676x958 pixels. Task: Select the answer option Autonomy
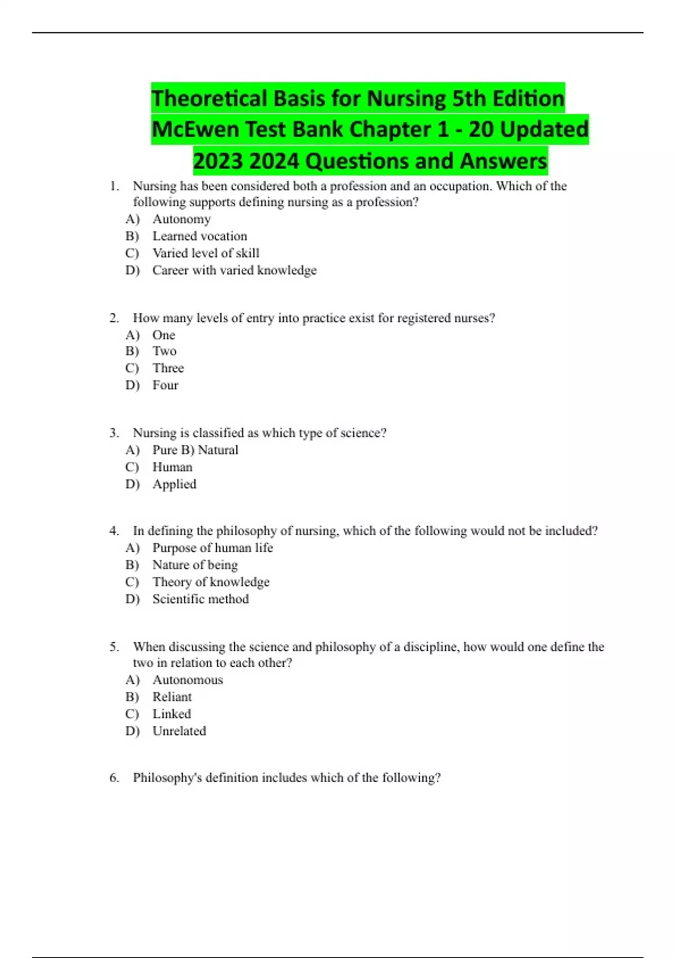tap(181, 219)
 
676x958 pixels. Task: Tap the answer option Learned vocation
tap(199, 236)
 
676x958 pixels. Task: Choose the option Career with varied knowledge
tap(234, 270)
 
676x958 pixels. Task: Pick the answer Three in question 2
tap(168, 368)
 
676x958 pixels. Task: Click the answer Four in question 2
tap(165, 385)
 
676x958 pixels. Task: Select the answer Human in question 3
tap(172, 467)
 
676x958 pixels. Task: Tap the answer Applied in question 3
tap(174, 484)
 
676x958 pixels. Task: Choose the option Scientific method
tap(201, 599)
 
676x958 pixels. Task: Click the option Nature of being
tap(195, 565)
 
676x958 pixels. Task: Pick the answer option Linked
tap(172, 714)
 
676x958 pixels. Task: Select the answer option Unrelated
tap(179, 731)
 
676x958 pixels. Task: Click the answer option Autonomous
tap(188, 680)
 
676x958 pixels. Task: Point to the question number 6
tap(114, 778)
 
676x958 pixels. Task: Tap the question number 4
tap(114, 531)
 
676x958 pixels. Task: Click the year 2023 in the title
tap(217, 161)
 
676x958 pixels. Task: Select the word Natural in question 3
tap(218, 450)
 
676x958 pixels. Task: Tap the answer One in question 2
tap(163, 335)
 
